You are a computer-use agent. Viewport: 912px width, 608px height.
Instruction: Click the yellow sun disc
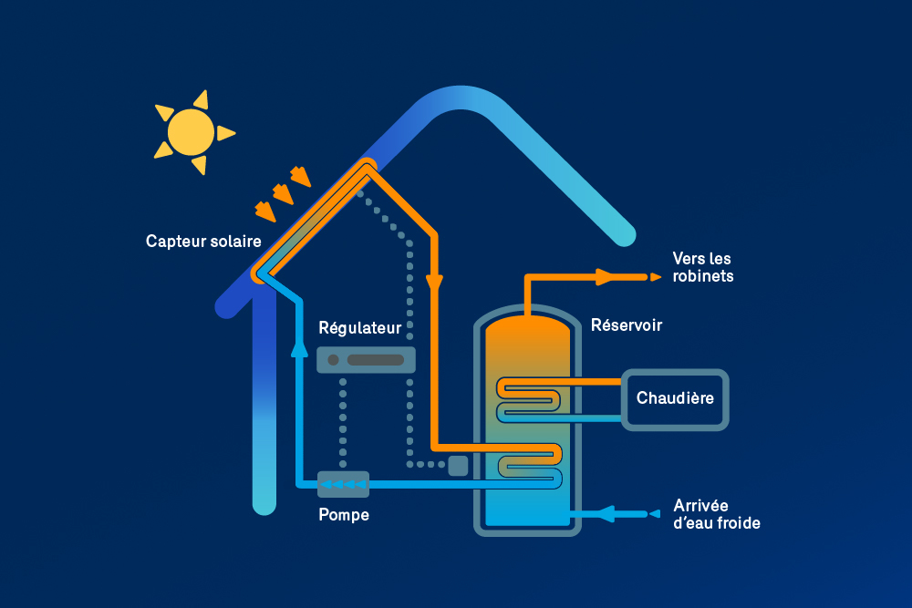(x=192, y=132)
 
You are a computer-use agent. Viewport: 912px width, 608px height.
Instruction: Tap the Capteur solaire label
(x=203, y=242)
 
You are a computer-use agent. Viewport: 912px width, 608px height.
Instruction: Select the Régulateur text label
(x=359, y=327)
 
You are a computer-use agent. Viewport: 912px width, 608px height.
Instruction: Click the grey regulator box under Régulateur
(x=366, y=359)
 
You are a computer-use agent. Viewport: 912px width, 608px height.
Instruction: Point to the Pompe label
(x=344, y=515)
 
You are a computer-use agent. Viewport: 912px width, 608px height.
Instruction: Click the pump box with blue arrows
(x=343, y=484)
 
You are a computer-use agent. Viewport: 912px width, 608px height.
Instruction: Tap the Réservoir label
(x=627, y=325)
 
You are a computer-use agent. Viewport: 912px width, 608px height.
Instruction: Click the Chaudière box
(x=675, y=398)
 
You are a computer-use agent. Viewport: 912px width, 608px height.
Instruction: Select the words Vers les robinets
(x=701, y=267)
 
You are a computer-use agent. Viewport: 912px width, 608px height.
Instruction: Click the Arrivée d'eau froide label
(x=716, y=514)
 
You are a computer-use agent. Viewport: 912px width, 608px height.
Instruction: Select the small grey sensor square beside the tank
(x=458, y=465)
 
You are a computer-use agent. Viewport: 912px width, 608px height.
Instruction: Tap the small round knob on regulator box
(x=334, y=359)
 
